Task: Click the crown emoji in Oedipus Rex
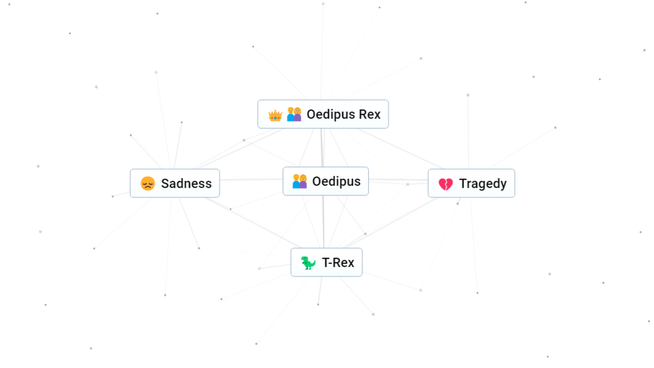coord(275,115)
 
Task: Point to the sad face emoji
coord(148,183)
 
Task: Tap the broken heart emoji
coord(445,184)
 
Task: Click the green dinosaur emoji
coord(308,263)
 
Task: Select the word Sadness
coord(186,183)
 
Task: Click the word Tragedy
coord(483,183)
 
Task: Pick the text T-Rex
coord(338,262)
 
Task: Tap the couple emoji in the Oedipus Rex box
coord(294,114)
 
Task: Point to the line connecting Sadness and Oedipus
coord(251,179)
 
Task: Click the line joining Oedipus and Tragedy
coord(398,180)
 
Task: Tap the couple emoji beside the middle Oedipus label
coord(300,181)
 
